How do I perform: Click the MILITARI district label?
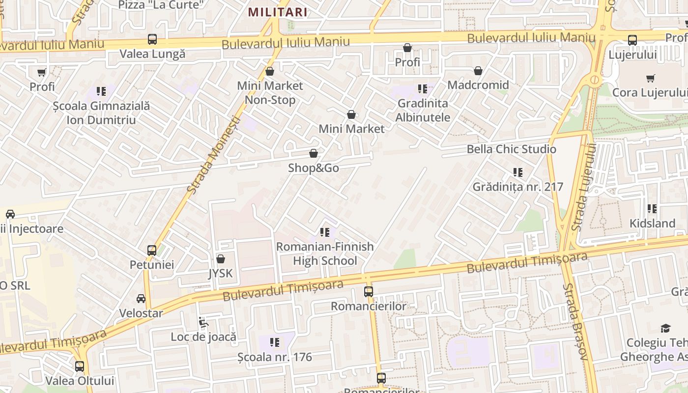click(x=278, y=12)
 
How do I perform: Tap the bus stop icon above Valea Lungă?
click(x=152, y=39)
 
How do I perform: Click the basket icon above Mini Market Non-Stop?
click(x=269, y=72)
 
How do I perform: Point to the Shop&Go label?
click(x=314, y=168)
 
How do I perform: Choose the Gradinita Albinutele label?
click(x=423, y=111)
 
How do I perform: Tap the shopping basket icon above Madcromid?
click(x=478, y=71)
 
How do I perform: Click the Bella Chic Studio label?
click(x=511, y=149)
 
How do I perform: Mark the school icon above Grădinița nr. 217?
click(x=517, y=172)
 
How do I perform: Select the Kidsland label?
click(x=653, y=224)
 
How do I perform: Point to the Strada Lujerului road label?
click(x=584, y=187)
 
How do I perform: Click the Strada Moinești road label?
click(x=214, y=155)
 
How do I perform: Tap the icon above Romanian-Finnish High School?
click(x=324, y=232)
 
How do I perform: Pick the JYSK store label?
click(x=221, y=273)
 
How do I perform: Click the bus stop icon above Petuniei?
click(x=152, y=251)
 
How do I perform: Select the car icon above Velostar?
click(x=141, y=299)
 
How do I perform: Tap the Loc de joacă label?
click(x=203, y=337)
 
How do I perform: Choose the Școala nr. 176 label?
click(x=275, y=357)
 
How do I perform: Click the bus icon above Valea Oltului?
click(x=80, y=366)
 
